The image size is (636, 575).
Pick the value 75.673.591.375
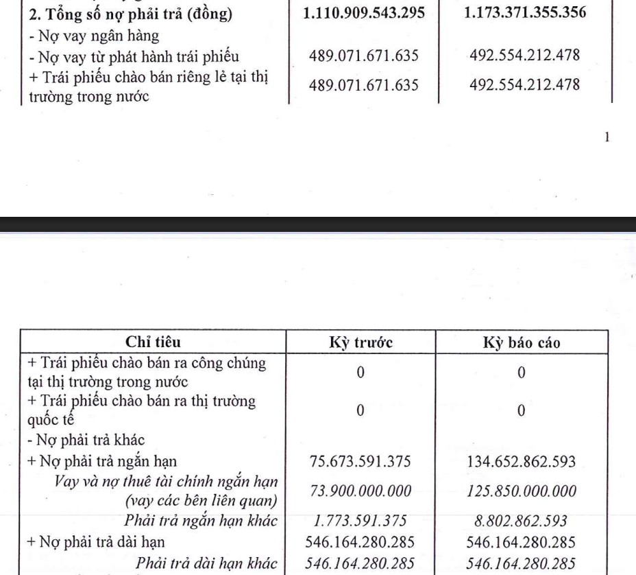(x=360, y=461)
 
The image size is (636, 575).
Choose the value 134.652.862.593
(x=522, y=461)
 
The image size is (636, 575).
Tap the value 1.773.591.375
(x=360, y=521)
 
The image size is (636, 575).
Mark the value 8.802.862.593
(x=522, y=521)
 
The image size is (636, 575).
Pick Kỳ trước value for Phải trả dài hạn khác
(x=360, y=562)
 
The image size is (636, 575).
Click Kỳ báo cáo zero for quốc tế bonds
(x=522, y=411)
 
